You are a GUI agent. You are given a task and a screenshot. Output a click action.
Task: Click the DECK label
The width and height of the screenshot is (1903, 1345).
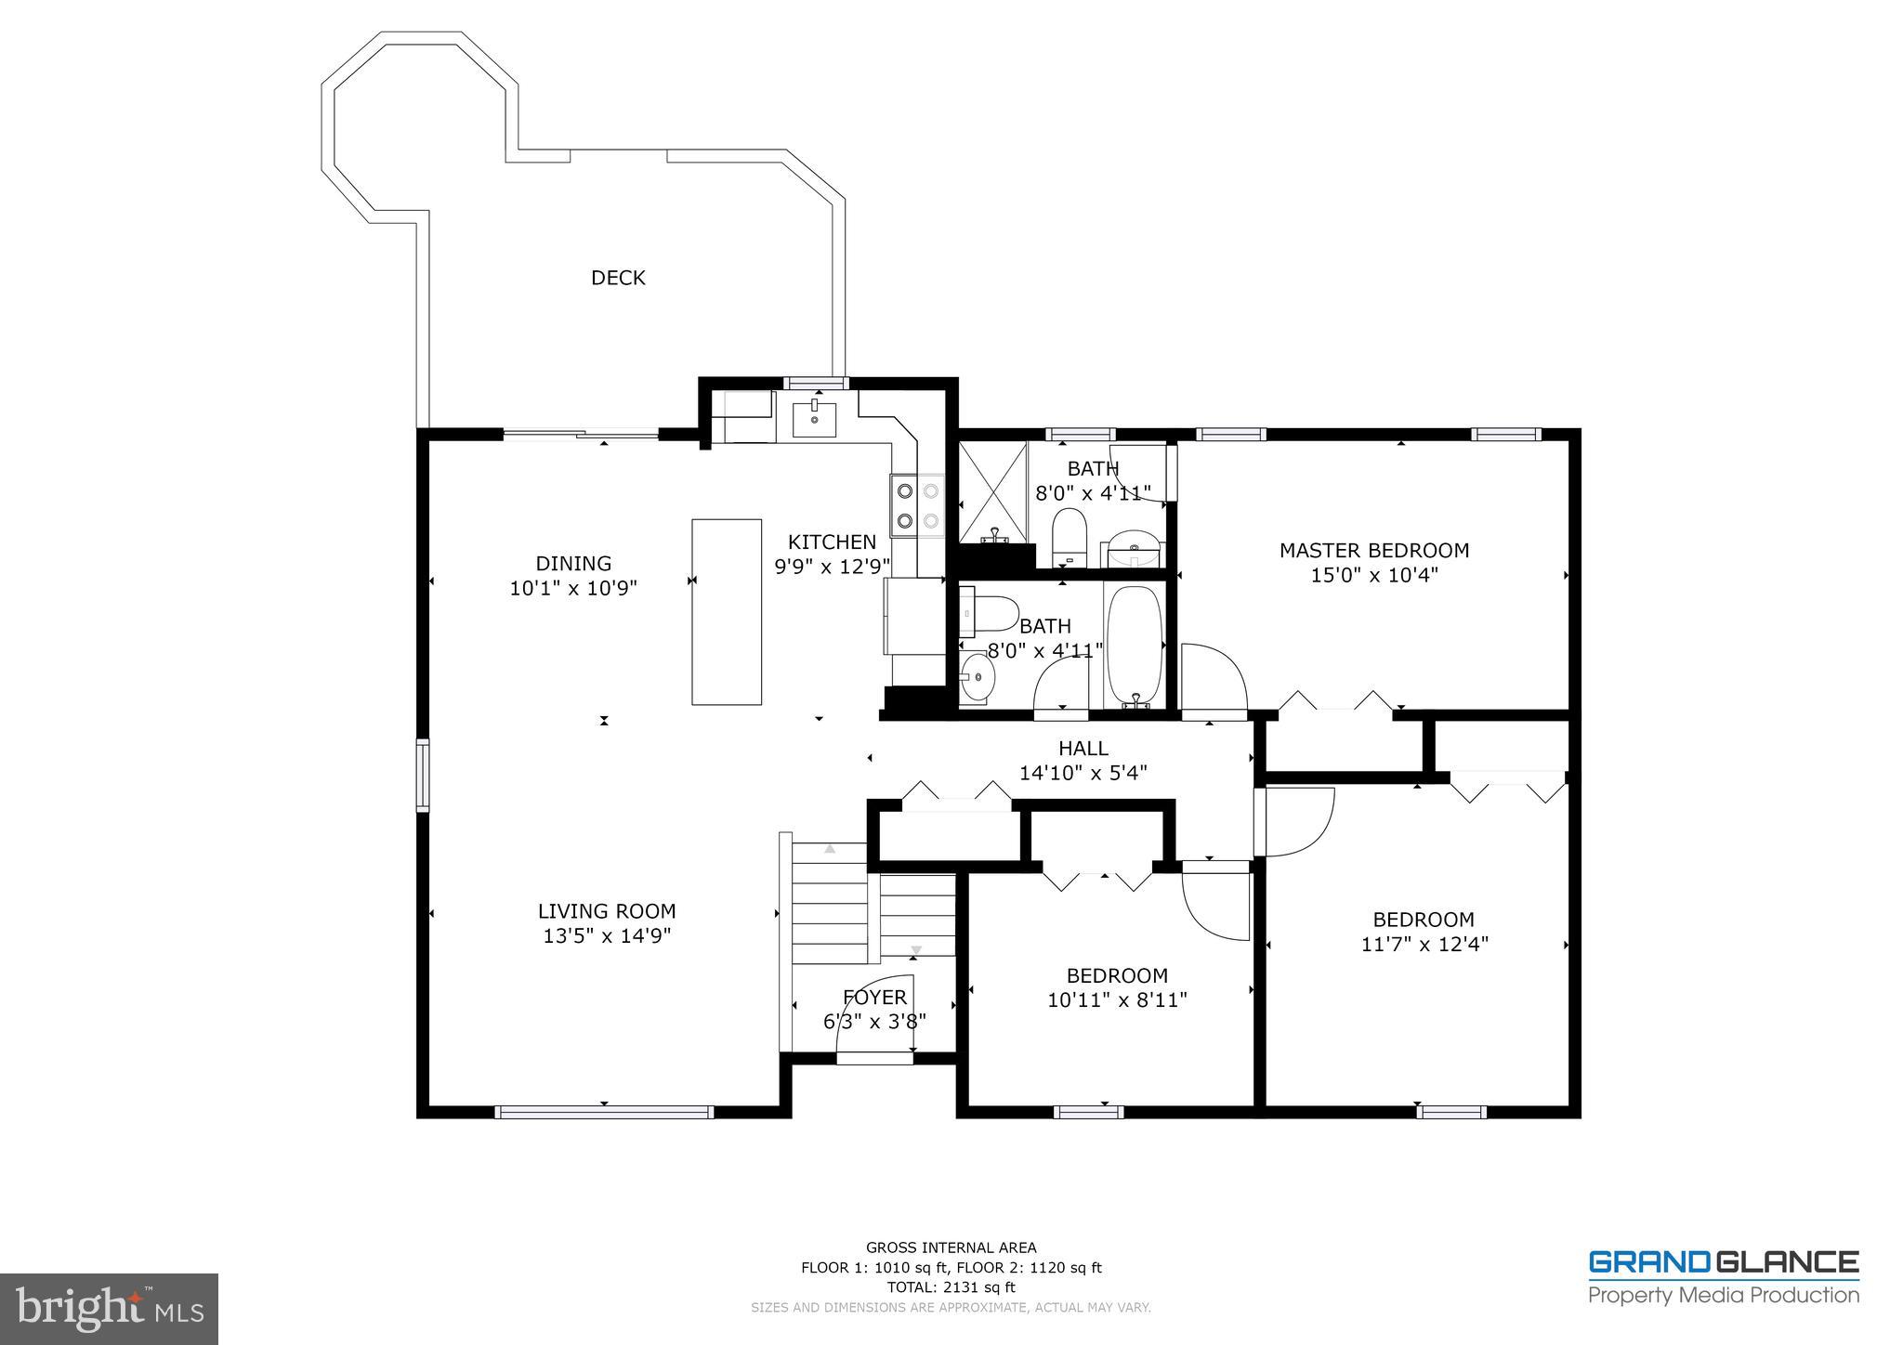618,278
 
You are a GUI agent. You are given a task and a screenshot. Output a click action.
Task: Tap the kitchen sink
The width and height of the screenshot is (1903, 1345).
814,420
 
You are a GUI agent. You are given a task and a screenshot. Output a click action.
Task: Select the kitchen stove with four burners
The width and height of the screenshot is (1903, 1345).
917,505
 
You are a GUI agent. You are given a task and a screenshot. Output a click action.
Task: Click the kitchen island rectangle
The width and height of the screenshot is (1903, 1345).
727,612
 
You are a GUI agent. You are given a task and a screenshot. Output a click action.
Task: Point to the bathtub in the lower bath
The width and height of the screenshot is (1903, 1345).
1135,645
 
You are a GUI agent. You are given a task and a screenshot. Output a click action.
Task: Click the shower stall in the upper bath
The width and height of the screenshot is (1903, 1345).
993,492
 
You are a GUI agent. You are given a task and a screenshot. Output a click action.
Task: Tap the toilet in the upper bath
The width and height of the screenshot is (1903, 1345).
1070,536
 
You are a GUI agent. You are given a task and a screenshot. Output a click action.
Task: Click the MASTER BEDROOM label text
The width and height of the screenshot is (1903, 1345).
1373,551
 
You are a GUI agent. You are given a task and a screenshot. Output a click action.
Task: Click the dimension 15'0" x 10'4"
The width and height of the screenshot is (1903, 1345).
1373,576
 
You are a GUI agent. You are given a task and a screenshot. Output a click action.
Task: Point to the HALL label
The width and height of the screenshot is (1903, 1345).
1083,749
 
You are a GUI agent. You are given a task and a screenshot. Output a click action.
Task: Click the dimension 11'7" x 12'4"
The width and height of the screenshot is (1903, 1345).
1424,945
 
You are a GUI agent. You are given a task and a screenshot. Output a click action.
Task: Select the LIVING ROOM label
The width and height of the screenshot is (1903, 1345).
607,912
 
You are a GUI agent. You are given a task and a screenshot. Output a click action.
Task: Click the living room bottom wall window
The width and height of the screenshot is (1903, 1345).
604,1112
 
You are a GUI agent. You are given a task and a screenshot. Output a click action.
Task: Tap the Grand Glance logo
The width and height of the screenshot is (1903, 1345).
1723,1277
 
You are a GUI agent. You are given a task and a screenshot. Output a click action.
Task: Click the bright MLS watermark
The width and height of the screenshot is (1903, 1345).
109,1309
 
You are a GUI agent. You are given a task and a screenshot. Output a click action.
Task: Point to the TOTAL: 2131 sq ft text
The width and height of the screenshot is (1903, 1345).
951,1287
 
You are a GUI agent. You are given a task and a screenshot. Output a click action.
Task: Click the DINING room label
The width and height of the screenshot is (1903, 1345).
573,564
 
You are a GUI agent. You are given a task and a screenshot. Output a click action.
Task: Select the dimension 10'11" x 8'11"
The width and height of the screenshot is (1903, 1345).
1117,1000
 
